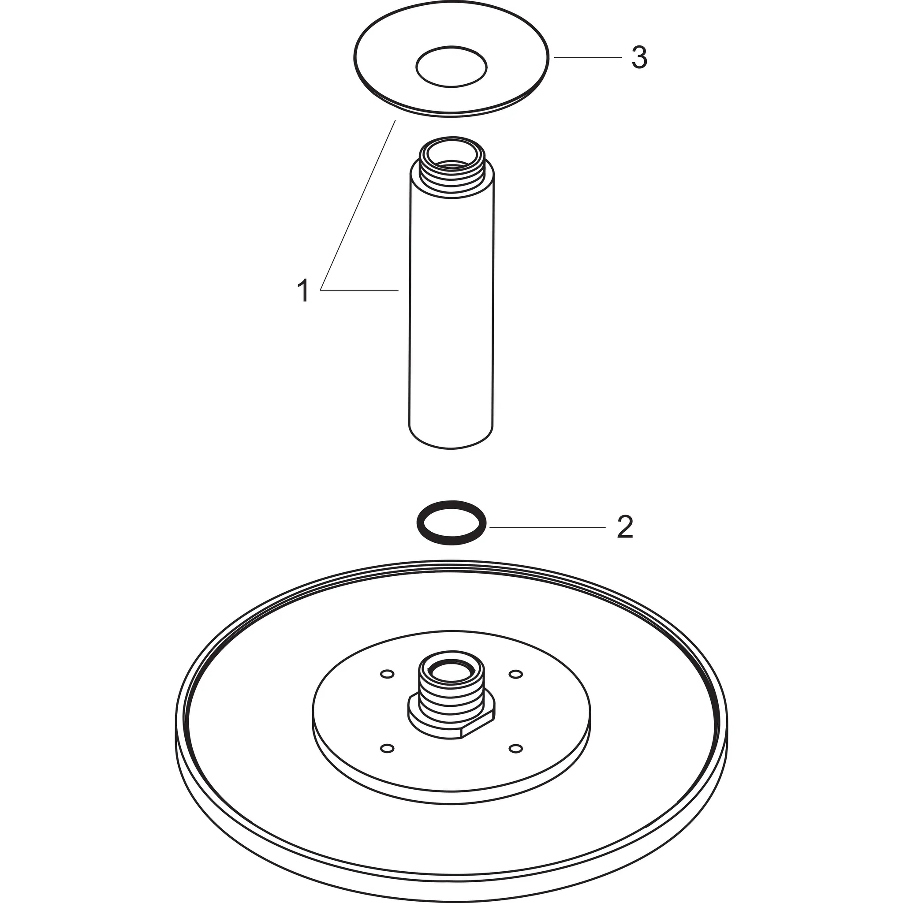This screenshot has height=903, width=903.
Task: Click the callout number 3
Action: tap(639, 58)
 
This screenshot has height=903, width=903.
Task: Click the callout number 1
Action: tap(303, 290)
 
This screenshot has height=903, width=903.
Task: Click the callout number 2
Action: tap(625, 527)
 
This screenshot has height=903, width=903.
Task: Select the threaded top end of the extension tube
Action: tap(451, 168)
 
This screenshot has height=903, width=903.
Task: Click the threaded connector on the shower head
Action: tap(451, 696)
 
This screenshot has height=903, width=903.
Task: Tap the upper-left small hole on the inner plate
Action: tap(387, 674)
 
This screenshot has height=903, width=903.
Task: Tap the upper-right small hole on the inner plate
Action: tap(515, 674)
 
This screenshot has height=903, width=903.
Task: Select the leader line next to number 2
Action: tap(547, 527)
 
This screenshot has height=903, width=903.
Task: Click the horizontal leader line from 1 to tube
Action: tap(360, 291)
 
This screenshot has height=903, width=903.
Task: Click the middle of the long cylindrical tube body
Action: tap(451, 304)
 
